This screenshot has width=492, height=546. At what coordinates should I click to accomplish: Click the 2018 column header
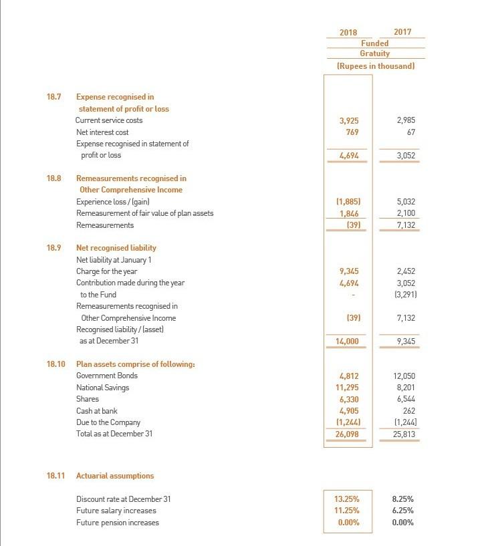(x=348, y=32)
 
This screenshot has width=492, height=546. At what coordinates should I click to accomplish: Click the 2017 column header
(x=402, y=32)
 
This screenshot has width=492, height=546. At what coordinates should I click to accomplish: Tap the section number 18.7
(x=53, y=97)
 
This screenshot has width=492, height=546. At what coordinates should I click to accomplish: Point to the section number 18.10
(x=55, y=364)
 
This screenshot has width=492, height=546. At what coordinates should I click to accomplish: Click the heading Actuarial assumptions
(x=114, y=476)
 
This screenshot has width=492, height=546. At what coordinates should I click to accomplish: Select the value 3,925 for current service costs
(x=348, y=121)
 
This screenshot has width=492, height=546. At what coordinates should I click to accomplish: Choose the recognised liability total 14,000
(x=347, y=342)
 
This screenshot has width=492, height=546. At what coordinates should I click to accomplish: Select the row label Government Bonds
(x=106, y=376)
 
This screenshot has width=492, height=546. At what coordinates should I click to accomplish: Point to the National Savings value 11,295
(x=347, y=388)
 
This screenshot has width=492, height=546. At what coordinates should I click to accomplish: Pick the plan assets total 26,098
(x=347, y=434)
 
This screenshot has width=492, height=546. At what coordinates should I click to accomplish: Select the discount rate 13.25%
(x=346, y=499)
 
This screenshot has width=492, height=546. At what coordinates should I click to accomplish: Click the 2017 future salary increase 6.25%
(x=403, y=511)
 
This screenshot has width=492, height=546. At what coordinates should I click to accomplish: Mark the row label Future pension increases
(x=118, y=523)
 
